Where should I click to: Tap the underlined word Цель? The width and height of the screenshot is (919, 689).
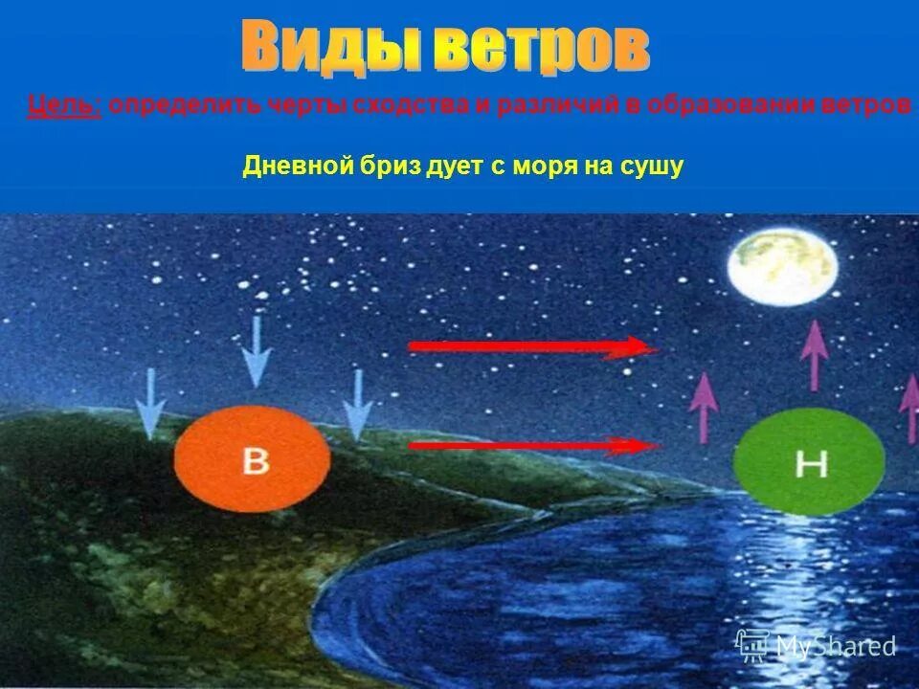[x=64, y=105]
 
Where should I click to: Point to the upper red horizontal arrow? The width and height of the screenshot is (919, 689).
[x=532, y=347]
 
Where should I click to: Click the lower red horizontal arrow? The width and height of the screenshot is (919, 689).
[x=532, y=445]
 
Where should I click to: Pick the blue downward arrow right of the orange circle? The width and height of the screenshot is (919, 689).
[x=357, y=403]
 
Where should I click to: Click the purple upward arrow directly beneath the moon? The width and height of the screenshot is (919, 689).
[x=814, y=354]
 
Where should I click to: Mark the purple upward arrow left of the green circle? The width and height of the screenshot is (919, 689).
[x=704, y=406]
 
